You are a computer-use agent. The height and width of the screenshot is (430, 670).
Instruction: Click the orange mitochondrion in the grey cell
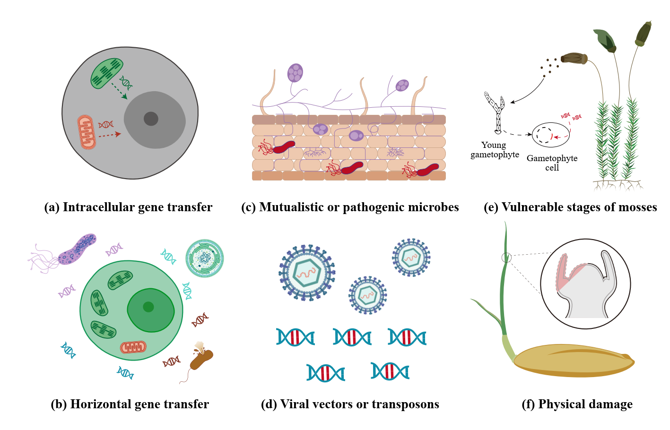tap(87, 132)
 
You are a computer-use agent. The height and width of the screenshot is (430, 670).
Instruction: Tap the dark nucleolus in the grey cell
tap(151, 119)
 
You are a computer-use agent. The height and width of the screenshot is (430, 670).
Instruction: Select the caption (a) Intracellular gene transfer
tap(128, 207)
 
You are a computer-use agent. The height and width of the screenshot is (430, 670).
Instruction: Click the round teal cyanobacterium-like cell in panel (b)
tap(205, 258)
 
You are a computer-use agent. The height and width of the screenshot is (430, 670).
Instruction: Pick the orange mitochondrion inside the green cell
tap(133, 347)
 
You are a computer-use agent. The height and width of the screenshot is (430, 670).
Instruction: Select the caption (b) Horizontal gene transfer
tap(130, 404)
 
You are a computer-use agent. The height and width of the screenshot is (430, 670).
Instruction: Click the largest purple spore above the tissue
tap(295, 73)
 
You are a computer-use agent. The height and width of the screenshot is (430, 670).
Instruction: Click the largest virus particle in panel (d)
tap(307, 273)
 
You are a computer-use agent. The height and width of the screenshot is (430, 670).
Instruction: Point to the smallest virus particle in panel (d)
tap(368, 295)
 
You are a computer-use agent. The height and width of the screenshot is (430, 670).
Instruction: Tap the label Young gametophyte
tap(495, 150)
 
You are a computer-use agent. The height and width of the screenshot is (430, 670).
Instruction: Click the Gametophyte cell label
tap(552, 163)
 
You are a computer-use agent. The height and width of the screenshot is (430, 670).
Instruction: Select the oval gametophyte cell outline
tap(551, 135)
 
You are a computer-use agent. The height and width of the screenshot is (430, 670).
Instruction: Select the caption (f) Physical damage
tap(577, 404)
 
